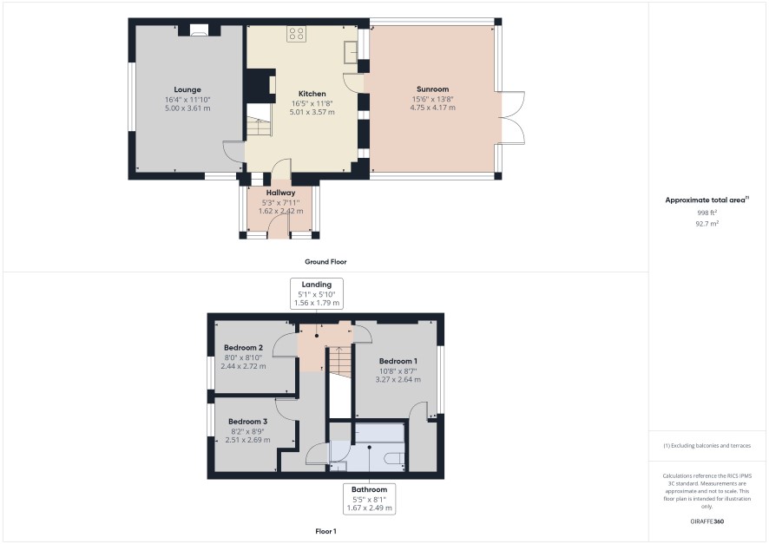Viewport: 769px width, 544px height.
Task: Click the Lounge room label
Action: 187,89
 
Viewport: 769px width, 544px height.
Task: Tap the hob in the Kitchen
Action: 296,33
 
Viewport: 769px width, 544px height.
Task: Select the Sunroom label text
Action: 432,89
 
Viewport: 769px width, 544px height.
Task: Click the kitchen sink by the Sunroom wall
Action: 351,52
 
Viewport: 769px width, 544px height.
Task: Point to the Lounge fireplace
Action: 199,30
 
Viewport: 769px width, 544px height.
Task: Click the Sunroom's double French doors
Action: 513,118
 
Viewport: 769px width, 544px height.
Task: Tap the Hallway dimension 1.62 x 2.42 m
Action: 280,211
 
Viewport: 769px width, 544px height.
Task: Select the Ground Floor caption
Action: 325,262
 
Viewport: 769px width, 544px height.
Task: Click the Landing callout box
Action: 316,293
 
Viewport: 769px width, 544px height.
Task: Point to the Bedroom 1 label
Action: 398,361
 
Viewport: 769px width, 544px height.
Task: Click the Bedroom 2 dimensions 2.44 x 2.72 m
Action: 243,366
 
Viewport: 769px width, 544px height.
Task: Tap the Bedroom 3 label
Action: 247,422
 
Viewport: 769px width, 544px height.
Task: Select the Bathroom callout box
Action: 369,498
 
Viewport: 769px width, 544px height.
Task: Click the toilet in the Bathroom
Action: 394,459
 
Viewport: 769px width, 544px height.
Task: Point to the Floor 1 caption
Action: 325,531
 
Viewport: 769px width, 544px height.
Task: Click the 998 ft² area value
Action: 707,213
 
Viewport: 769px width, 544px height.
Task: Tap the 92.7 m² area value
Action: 707,224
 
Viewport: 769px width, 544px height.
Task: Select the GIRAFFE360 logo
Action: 707,521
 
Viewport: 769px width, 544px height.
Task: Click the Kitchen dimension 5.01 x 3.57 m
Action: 312,112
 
